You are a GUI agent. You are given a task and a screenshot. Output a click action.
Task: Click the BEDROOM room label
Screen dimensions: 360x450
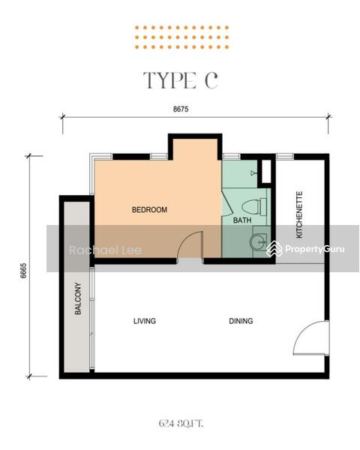149,209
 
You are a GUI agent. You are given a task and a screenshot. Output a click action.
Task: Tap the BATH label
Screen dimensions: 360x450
242,220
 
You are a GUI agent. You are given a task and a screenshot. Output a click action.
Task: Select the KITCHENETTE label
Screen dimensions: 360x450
299,214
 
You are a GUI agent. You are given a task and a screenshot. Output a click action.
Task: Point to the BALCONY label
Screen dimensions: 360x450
78,298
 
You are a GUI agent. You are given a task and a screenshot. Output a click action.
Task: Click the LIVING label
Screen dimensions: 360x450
145,321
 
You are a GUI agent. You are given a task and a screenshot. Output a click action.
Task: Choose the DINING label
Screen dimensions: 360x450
241,321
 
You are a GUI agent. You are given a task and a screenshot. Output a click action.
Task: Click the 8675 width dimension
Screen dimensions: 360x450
181,109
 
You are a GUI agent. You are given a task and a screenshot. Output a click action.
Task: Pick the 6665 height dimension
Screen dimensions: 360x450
23,270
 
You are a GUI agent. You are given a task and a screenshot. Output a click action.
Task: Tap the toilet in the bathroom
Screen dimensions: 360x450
254,207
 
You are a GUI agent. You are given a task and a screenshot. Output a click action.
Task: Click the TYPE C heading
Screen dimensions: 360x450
180,80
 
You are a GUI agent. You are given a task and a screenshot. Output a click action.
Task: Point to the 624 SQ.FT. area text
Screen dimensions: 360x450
181,423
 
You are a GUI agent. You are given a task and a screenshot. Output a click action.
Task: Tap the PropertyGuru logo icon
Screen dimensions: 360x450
274,248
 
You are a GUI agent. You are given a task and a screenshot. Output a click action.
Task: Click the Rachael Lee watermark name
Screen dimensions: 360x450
105,250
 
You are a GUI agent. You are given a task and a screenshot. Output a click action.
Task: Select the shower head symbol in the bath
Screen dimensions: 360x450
253,172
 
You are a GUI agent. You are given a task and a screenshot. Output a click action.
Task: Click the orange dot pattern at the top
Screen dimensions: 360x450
181,37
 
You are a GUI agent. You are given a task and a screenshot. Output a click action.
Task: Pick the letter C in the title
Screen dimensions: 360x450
211,80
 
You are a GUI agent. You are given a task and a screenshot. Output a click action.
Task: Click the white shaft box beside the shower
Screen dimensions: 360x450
266,171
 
